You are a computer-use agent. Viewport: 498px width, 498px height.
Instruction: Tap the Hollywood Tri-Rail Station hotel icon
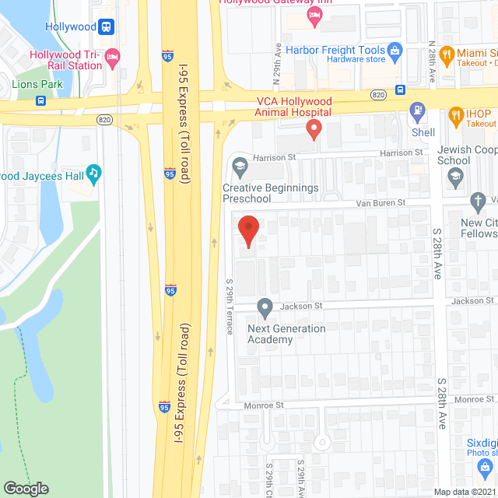click(112, 56)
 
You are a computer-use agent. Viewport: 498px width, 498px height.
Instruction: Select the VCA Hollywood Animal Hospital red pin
click(314, 128)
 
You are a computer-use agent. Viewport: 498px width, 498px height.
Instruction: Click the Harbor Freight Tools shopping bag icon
click(395, 51)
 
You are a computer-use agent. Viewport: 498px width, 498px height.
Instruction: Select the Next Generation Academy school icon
click(265, 307)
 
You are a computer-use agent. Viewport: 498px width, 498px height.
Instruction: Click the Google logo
click(26, 488)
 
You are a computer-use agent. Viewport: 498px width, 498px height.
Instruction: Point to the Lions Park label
click(36, 84)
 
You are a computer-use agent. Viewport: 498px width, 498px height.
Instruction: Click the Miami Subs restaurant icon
click(447, 54)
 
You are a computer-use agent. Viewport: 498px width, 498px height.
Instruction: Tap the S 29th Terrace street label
click(230, 307)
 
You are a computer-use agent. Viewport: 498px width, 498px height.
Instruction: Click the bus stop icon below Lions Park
click(40, 100)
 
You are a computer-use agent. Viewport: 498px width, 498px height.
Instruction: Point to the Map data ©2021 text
click(462, 491)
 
